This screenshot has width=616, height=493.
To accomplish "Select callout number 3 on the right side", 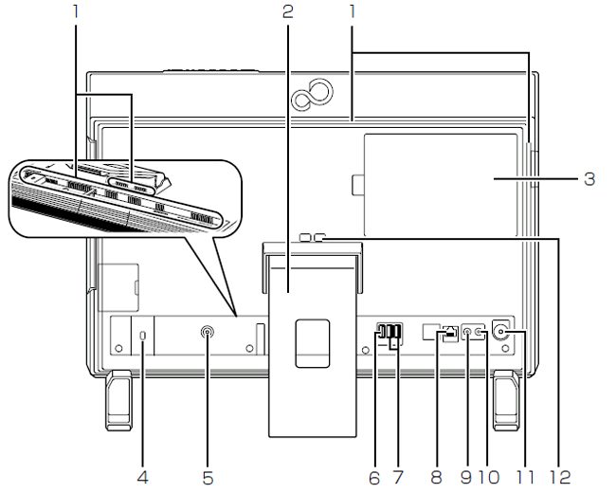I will click(x=589, y=178).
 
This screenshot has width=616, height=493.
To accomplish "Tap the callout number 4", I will click(x=143, y=477).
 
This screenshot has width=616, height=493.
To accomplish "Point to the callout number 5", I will click(x=208, y=477).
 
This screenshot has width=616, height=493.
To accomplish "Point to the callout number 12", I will click(x=562, y=477).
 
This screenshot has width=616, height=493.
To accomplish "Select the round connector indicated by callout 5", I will click(x=208, y=333).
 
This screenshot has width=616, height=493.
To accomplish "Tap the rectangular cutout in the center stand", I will click(x=311, y=342).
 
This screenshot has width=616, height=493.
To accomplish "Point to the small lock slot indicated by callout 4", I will click(x=143, y=338).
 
